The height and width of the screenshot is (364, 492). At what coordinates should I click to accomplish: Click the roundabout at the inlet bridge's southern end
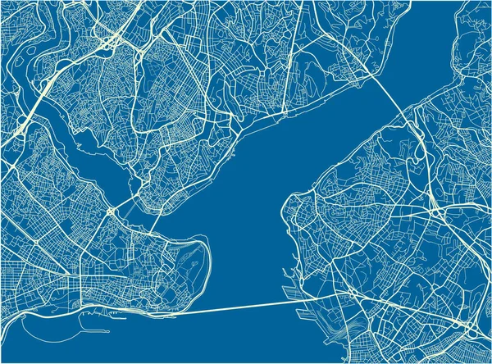tap(110, 212)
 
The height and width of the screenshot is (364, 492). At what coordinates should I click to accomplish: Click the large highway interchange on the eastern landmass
tap(435, 211)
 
